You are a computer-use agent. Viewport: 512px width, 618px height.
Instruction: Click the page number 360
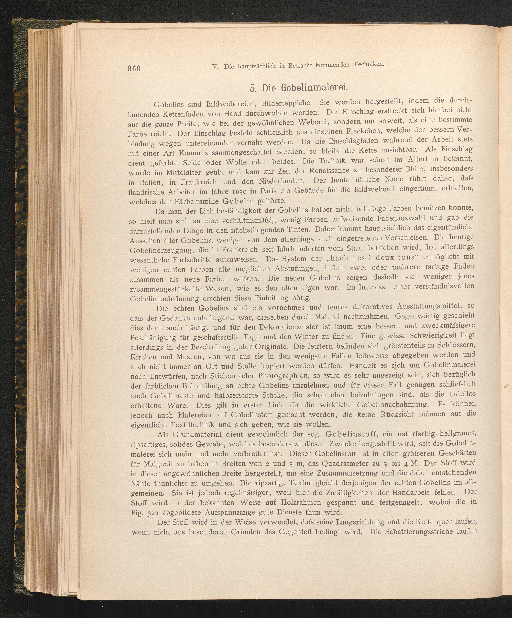pyautogui.click(x=134, y=68)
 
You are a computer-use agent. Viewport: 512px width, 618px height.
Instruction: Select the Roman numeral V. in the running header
pyautogui.click(x=215, y=67)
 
